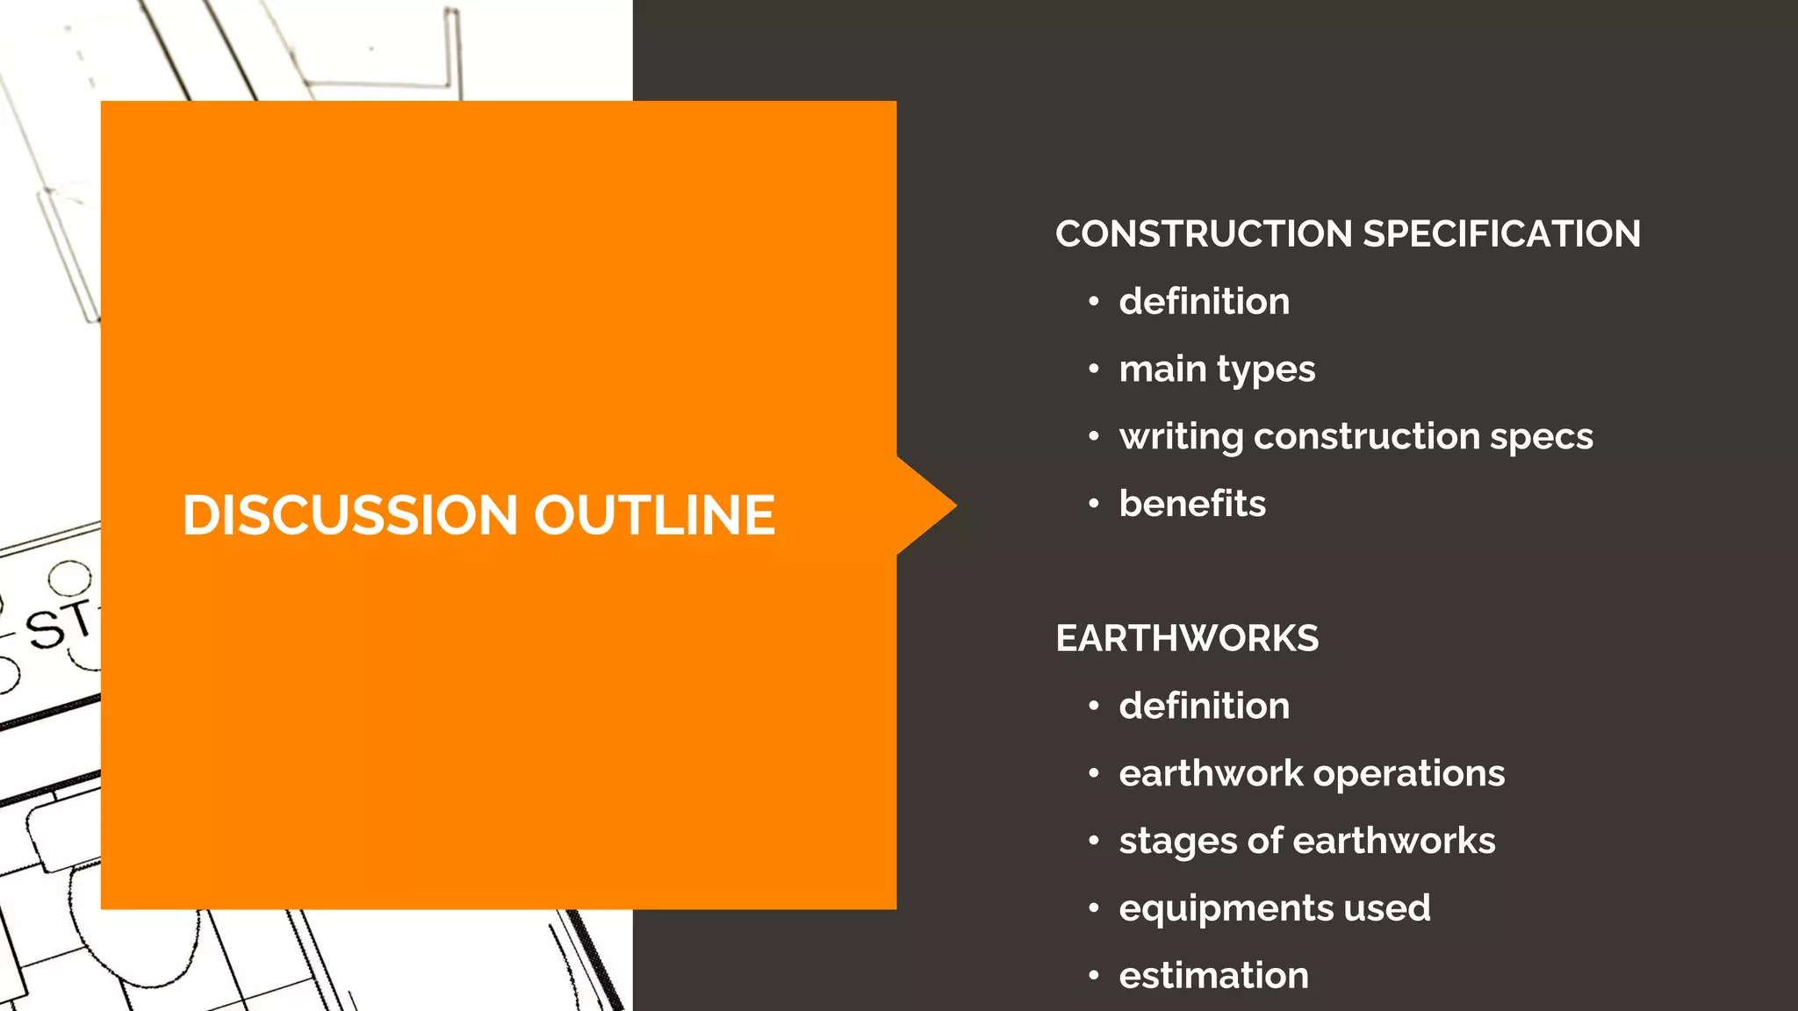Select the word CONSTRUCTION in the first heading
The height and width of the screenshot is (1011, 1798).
pos(1204,234)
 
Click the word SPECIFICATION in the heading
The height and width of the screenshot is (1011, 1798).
pos(1501,234)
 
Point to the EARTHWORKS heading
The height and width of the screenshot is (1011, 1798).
pos(1187,639)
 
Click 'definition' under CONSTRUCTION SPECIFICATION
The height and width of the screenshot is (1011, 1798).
pos(1204,302)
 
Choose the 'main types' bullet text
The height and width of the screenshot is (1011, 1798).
pos(1217,369)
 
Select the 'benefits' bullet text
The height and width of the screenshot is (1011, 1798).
pos(1192,504)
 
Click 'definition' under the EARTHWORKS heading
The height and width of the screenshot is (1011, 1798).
pos(1204,706)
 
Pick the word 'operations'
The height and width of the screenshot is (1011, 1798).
pos(1408,774)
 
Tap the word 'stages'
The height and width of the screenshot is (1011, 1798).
pos(1177,842)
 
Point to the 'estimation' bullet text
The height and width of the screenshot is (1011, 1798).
pos(1213,976)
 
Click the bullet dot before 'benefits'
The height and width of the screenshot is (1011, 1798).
pos(1093,505)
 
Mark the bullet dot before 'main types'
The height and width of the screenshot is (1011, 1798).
pos(1093,369)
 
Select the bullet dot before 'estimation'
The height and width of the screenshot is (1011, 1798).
pos(1093,976)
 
